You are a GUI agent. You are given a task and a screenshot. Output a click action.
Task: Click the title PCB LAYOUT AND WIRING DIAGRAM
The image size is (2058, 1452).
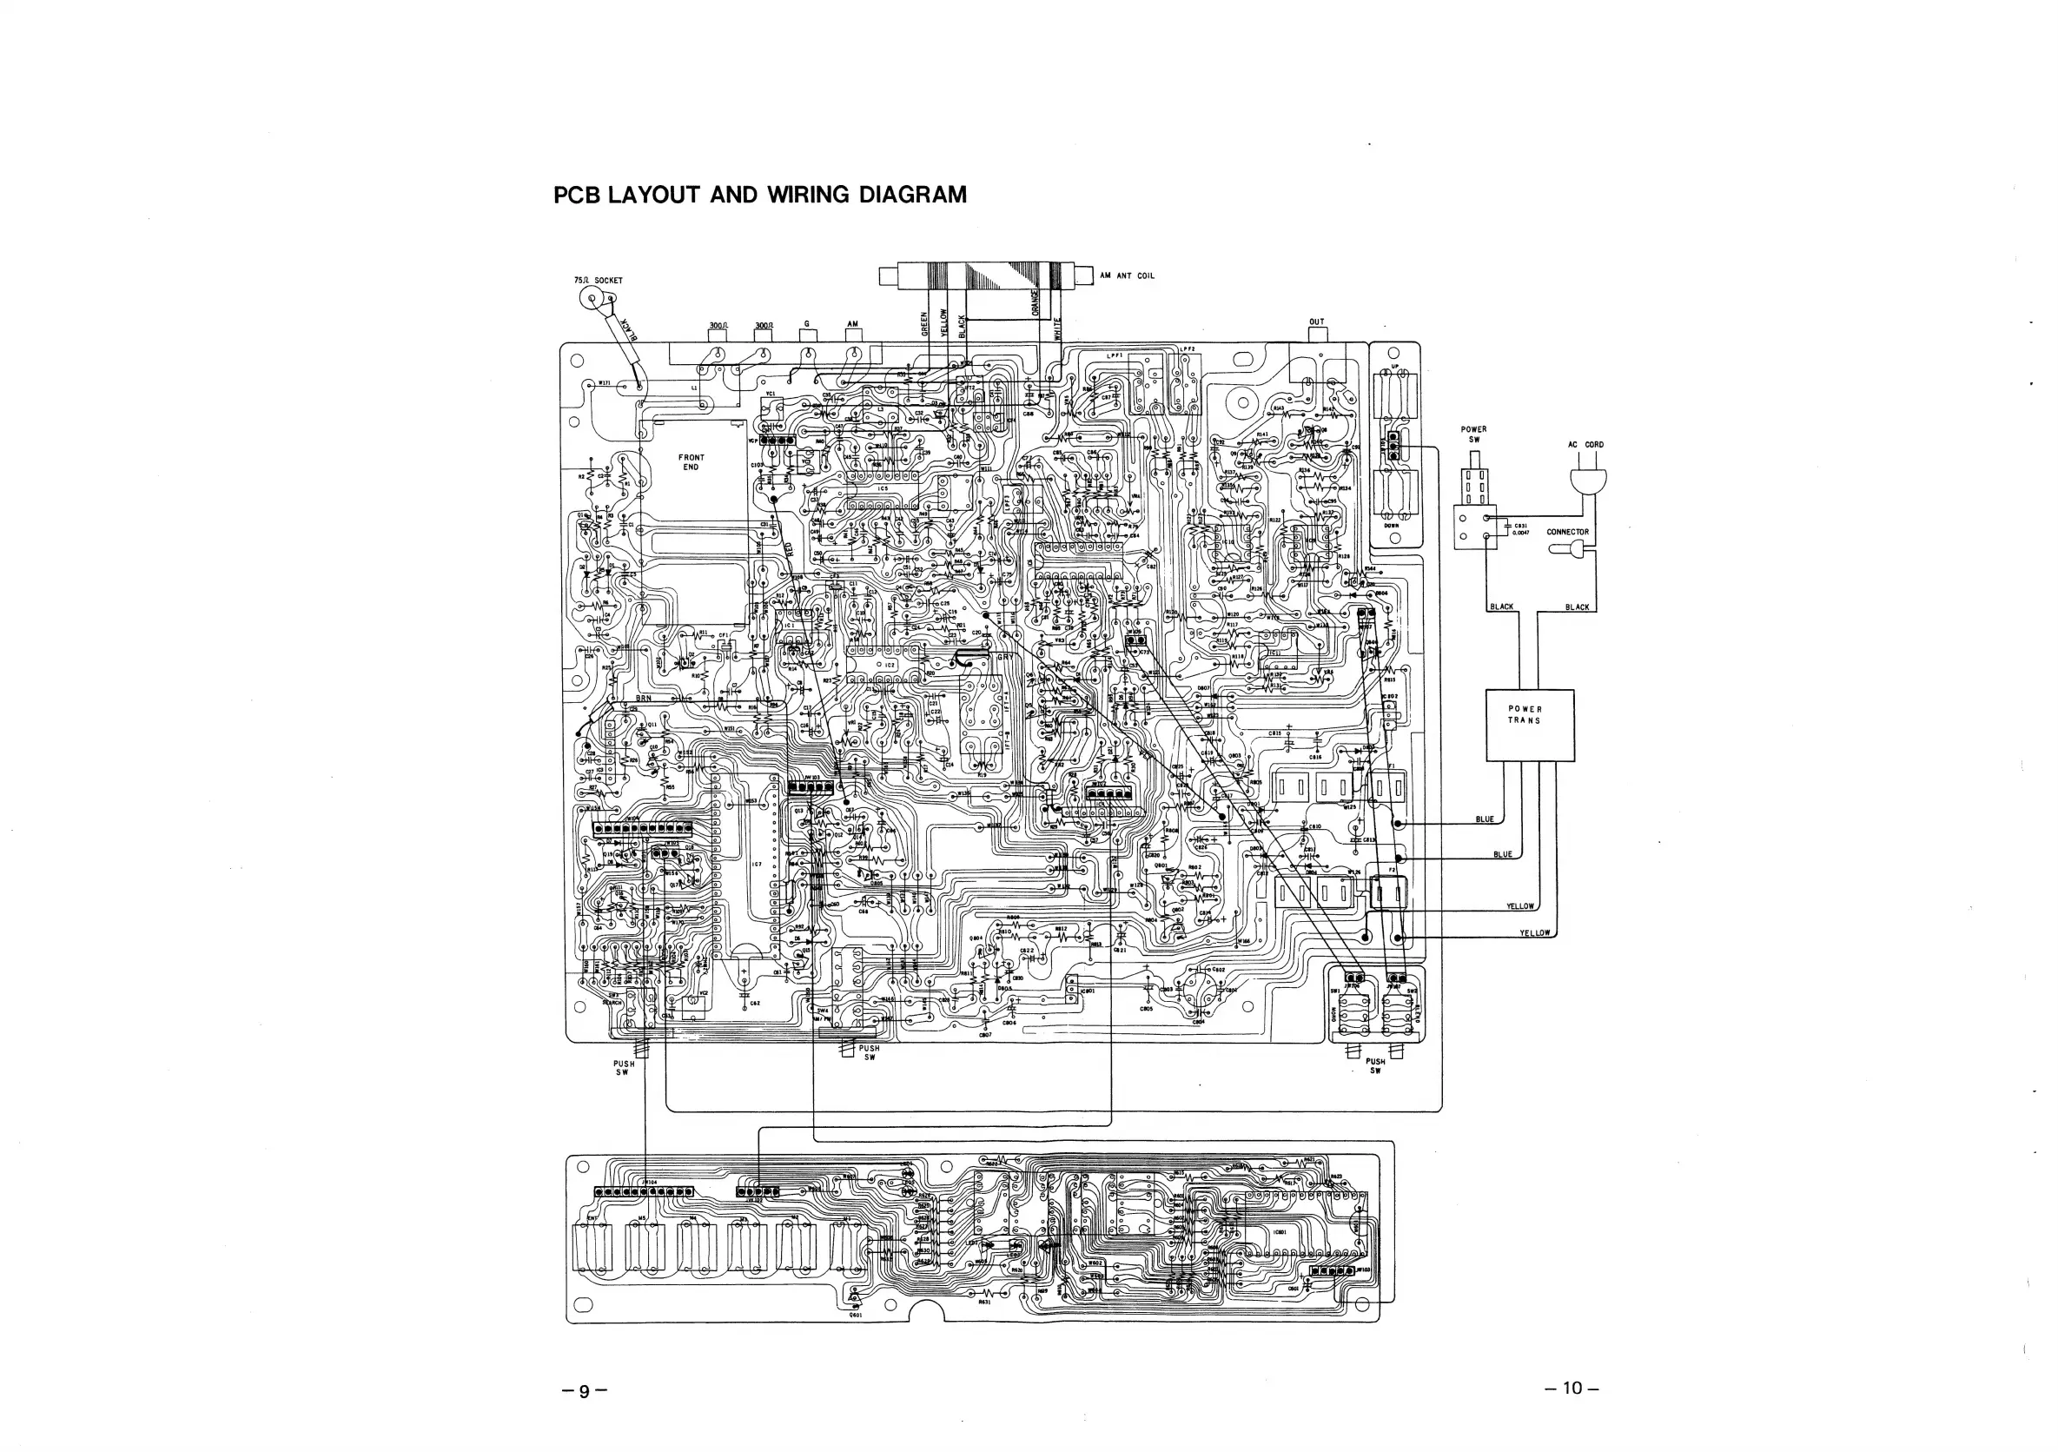(x=760, y=196)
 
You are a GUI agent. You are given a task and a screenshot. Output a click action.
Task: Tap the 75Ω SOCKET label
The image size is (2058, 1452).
(x=598, y=281)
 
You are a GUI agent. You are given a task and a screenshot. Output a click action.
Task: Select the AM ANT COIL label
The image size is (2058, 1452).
(x=1128, y=276)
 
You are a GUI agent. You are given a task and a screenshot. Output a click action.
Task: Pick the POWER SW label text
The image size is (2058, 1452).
(x=1473, y=434)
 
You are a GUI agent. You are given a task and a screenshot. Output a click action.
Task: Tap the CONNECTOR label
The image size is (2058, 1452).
(x=1568, y=532)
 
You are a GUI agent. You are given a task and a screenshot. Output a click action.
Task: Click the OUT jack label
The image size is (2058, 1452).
(x=1316, y=322)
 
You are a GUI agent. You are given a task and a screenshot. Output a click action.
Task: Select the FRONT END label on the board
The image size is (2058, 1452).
(x=692, y=461)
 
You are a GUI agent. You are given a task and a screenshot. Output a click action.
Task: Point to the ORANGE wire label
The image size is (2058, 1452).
(x=1035, y=302)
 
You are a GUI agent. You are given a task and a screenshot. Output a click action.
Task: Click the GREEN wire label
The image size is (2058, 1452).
(x=924, y=323)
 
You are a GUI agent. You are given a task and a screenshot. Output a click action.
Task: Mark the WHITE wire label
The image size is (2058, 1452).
(x=1058, y=327)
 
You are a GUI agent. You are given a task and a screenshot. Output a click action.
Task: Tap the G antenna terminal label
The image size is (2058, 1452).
(x=807, y=323)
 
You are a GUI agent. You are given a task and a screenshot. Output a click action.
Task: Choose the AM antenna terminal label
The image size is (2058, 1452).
(x=852, y=323)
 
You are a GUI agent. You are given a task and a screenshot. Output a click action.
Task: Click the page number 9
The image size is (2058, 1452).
(x=585, y=1391)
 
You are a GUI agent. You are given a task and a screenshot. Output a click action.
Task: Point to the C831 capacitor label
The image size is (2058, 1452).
(x=1521, y=526)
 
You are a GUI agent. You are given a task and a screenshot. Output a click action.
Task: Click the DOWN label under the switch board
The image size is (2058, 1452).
(x=1391, y=526)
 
